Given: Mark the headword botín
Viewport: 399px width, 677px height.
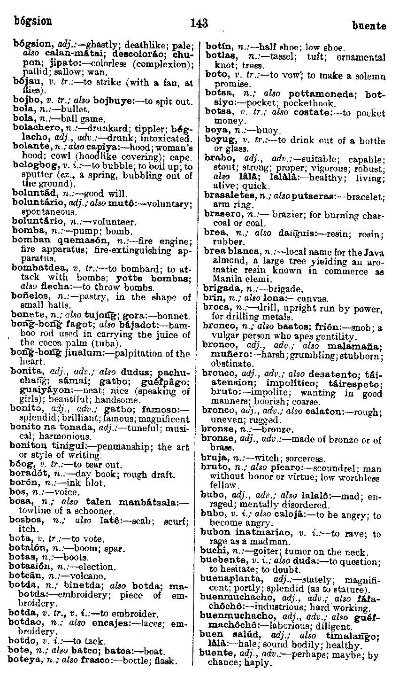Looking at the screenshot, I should pos(216,47).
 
